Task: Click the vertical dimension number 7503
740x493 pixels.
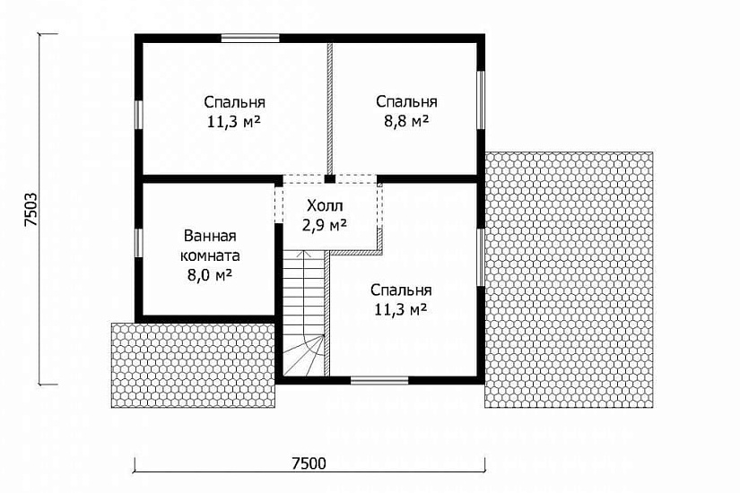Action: (30, 210)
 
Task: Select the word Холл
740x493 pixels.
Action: (325, 205)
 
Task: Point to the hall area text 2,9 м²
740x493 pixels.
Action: (325, 225)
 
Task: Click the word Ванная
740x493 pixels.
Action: (210, 236)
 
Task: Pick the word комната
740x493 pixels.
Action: (210, 255)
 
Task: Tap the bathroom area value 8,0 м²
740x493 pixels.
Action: (210, 274)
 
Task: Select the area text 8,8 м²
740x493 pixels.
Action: (406, 121)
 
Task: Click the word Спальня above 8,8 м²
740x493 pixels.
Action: (406, 101)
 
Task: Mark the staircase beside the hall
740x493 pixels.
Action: (304, 313)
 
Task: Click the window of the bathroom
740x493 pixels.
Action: (139, 243)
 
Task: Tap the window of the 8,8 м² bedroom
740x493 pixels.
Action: (481, 99)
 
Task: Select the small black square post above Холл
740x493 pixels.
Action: (330, 179)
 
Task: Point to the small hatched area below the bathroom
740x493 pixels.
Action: (193, 365)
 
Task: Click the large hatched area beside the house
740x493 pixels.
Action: (569, 280)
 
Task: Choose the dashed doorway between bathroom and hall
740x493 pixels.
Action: (278, 203)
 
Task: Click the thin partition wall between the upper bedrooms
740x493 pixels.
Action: (330, 109)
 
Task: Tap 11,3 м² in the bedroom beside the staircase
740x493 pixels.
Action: (401, 310)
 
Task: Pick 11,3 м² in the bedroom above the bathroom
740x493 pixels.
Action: (233, 122)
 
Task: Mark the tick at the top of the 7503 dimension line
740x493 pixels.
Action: (48, 34)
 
